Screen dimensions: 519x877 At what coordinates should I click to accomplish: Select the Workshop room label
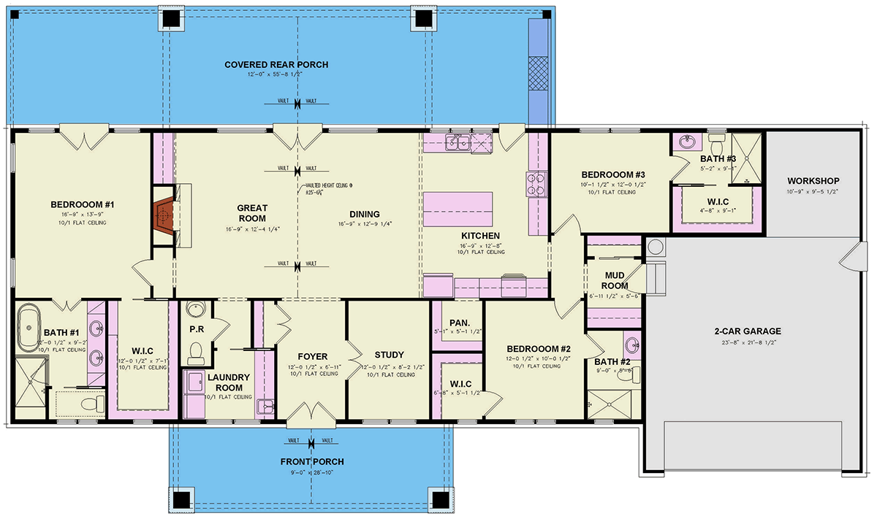(813, 181)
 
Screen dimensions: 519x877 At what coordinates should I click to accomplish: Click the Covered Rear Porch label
(276, 65)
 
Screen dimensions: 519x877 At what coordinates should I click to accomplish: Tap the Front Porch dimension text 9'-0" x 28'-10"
(311, 473)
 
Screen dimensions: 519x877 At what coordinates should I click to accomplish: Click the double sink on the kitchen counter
(459, 142)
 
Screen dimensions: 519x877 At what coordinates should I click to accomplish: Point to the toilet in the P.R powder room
(195, 353)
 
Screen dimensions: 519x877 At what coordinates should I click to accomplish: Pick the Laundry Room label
(228, 382)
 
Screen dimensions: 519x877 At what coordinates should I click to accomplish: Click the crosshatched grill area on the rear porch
(539, 74)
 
